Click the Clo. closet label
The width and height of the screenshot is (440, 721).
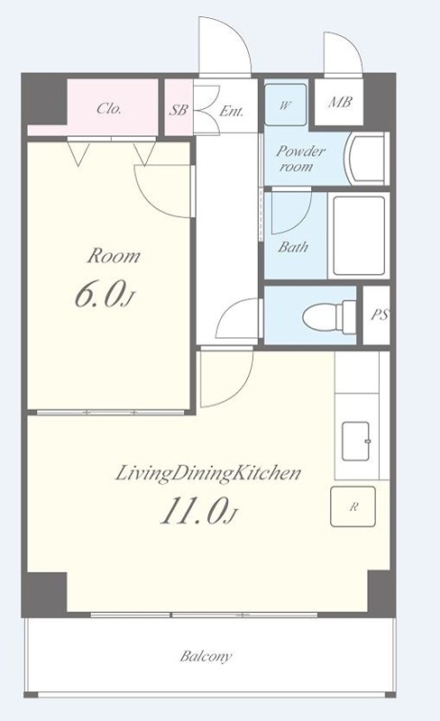(x=109, y=108)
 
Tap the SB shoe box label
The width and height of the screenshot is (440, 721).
(x=179, y=110)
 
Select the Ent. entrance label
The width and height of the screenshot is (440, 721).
(x=231, y=111)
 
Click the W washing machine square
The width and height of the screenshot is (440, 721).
(x=285, y=105)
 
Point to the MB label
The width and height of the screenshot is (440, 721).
(x=340, y=102)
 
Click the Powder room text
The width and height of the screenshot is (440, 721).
(x=300, y=159)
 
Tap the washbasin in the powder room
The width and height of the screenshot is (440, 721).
(x=367, y=159)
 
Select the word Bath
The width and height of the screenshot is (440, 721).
(x=293, y=247)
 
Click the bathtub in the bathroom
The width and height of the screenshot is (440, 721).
(x=359, y=236)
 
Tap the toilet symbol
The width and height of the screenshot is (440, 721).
(x=329, y=316)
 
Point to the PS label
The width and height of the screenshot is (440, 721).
(x=380, y=315)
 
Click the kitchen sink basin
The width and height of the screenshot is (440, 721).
(x=356, y=442)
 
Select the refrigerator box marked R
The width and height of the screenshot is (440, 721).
(x=353, y=507)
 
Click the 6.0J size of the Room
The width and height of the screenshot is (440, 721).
(x=104, y=295)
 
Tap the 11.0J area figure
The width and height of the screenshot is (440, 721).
(x=198, y=511)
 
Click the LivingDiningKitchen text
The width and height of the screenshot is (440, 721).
(x=207, y=474)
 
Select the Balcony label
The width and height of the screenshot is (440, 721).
(x=206, y=656)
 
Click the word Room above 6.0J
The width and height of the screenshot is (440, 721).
(x=114, y=256)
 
